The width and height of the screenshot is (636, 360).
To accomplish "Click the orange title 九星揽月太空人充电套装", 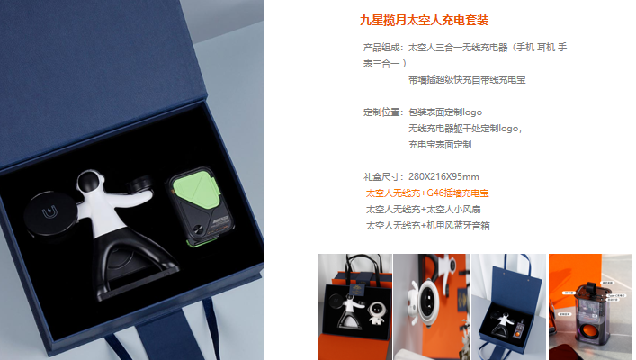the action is pos(424,20).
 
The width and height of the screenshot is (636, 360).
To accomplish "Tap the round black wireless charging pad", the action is pos(50,215).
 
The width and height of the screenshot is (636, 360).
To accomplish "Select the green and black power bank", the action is pos(200,206).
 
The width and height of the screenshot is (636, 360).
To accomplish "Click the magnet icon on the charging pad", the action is pos(49,211).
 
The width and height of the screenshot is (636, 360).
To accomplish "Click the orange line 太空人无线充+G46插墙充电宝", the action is pos(427,193).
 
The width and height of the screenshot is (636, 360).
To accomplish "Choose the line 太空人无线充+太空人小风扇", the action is pos(423,210).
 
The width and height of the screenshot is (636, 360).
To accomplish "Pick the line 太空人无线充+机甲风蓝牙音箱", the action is pos(427,226).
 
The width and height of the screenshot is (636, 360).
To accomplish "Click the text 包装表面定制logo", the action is pos(445,112).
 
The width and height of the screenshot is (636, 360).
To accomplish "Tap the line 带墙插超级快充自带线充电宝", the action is pos(467,80).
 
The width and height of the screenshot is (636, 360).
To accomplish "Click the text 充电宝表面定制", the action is pos(440,145).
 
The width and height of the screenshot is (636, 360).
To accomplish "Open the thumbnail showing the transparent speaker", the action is pos(590,307).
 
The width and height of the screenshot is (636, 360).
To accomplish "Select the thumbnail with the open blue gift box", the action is pos(508,307).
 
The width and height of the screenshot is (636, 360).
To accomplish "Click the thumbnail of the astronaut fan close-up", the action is pos(431,307).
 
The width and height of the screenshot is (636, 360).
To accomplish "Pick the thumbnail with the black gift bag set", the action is pos(355,307).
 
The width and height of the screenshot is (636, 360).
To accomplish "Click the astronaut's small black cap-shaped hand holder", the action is pos(140,184).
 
